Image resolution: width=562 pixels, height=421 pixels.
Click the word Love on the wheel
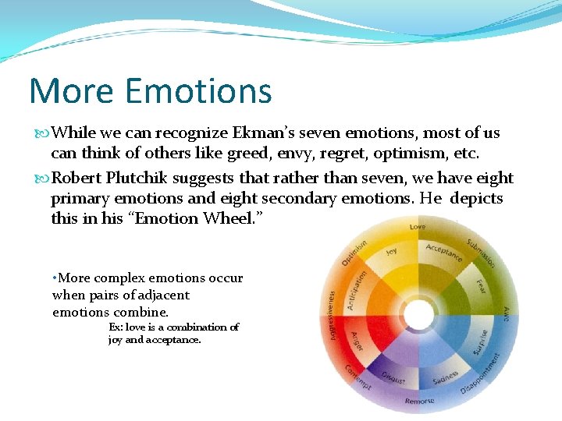click(x=418, y=228)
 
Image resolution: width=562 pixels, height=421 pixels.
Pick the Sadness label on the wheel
click(x=444, y=377)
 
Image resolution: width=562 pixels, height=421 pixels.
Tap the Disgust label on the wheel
click(x=393, y=377)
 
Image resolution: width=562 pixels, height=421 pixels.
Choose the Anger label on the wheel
click(x=357, y=341)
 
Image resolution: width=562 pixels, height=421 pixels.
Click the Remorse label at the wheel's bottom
click(x=419, y=402)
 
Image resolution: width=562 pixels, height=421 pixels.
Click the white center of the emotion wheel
click(x=419, y=315)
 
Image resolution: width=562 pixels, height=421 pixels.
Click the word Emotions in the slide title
click(x=198, y=90)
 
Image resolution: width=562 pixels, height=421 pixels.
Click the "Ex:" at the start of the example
click(x=116, y=327)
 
